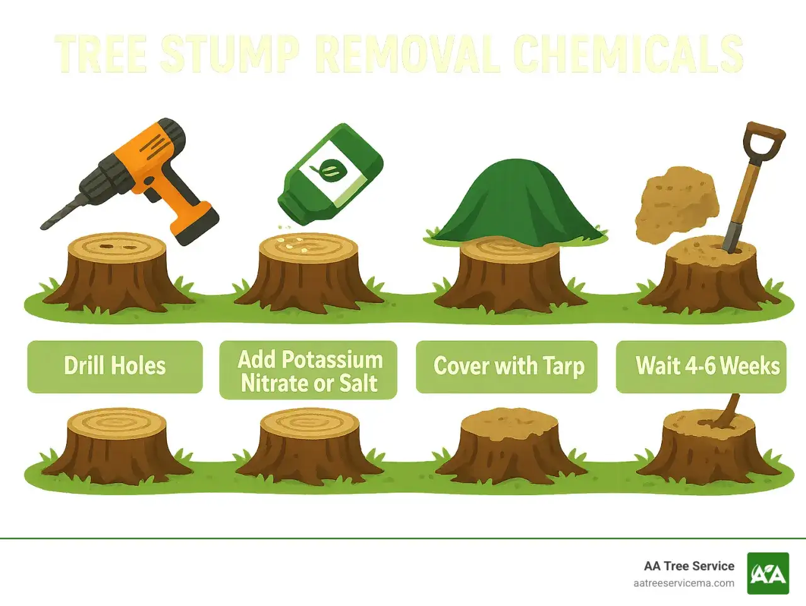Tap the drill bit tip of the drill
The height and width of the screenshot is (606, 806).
pos(42,227)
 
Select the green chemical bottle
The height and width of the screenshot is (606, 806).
pos(330,174)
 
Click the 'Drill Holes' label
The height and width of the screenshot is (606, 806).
pos(115,367)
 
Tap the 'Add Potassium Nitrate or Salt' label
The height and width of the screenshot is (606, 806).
pos(308,370)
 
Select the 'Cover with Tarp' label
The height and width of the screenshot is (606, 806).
pos(507,367)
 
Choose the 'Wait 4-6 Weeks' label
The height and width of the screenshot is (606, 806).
pos(701,367)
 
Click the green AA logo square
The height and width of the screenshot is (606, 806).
pos(768,573)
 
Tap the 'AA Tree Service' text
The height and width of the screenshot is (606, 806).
pos(689,566)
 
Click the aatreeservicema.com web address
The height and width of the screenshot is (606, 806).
pos(684,583)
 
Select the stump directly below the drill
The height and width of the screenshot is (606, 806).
pos(116,273)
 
